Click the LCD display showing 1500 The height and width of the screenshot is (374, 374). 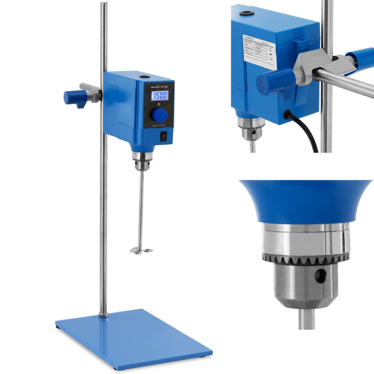click(x=159, y=95)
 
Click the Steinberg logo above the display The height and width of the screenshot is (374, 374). click(x=159, y=86)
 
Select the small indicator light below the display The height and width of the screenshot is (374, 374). click(x=159, y=104)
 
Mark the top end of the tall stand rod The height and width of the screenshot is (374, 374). click(x=104, y=4)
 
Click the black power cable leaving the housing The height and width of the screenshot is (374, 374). click(x=307, y=133)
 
